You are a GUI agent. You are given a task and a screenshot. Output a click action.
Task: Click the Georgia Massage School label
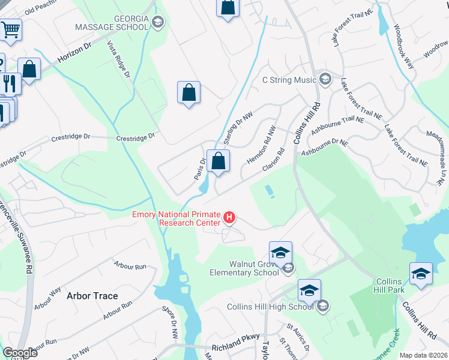click(x=112, y=22)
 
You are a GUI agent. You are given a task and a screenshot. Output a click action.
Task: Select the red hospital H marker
click(x=229, y=217)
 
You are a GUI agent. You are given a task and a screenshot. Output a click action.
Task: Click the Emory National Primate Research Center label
click(x=176, y=219)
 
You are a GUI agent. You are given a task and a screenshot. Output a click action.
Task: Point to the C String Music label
click(x=289, y=80)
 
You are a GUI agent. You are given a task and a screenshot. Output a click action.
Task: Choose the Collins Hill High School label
click(x=270, y=307)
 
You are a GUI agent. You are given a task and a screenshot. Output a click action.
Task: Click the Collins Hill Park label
click(x=390, y=286)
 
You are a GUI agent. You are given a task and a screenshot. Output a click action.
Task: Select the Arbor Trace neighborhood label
click(x=92, y=296)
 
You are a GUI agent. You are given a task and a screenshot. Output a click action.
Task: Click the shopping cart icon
click(x=10, y=29)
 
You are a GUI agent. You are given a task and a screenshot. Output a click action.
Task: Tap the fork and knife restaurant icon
click(x=10, y=83)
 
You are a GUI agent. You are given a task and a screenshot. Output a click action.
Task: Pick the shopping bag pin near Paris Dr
click(x=219, y=161)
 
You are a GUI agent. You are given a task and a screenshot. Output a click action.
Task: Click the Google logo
click(x=20, y=353)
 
